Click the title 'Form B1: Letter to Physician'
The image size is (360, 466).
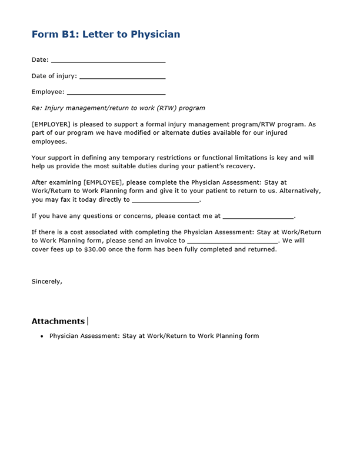tap(106, 34)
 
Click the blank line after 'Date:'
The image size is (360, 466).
tap(108, 61)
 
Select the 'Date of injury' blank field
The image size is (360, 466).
tap(122, 77)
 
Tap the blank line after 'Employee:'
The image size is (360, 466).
tap(116, 93)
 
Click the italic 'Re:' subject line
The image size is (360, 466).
tap(118, 108)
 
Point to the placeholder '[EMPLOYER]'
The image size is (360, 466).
tap(51, 125)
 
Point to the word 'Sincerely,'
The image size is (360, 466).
tap(47, 282)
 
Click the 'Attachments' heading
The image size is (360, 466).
tap(58, 321)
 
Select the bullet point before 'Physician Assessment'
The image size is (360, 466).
tap(42, 337)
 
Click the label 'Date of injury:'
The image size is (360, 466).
tap(54, 76)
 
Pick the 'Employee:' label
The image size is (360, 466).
tap(48, 92)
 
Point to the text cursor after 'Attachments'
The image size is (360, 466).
tap(88, 321)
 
